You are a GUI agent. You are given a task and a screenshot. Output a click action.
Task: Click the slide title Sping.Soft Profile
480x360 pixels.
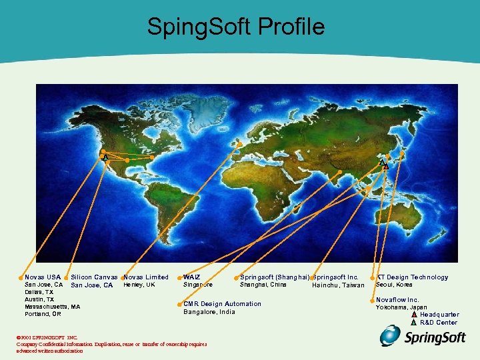[236, 27]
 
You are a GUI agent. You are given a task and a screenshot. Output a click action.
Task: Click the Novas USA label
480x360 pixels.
[43, 277]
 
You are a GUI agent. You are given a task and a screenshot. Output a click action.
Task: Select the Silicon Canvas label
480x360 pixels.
[94, 277]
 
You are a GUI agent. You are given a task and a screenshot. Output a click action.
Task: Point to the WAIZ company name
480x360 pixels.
[192, 277]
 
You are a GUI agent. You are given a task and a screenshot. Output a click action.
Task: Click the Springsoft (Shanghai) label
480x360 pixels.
[275, 277]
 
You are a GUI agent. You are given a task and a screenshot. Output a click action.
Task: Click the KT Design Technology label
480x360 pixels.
[412, 277]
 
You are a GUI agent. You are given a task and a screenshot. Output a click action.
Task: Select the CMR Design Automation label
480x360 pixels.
[223, 304]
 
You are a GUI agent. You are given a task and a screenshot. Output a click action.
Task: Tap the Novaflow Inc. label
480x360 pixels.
[398, 300]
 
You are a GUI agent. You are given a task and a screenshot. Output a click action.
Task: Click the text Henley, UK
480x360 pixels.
[139, 285]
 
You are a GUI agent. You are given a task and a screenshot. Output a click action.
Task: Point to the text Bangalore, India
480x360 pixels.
[209, 312]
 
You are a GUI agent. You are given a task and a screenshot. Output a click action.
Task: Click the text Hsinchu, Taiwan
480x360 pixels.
[338, 285]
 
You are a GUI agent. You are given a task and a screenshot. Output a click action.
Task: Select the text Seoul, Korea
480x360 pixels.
[394, 285]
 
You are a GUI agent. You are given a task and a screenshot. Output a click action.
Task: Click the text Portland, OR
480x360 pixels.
[43, 314]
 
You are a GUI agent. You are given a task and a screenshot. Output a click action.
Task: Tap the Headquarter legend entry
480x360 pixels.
[439, 315]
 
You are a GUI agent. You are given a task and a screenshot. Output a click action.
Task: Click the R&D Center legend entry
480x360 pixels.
[438, 323]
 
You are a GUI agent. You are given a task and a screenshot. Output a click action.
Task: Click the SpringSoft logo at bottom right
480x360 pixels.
[423, 337]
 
